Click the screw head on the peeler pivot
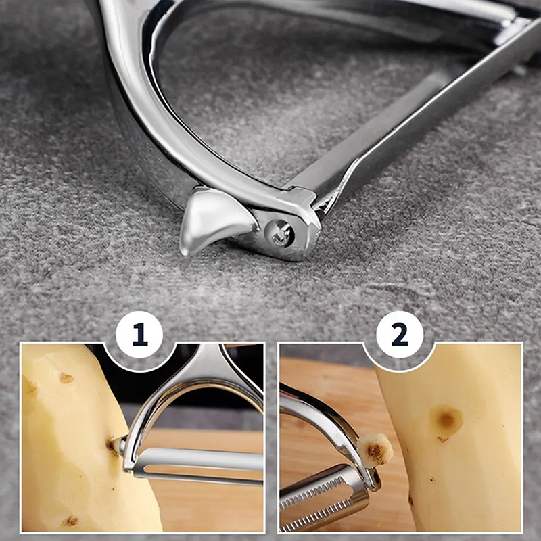(280, 234)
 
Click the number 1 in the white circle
(140, 334)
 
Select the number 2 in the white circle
(400, 334)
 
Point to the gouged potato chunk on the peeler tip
(375, 450)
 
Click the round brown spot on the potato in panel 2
(446, 421)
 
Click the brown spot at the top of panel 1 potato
(66, 378)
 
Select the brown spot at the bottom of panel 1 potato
(70, 521)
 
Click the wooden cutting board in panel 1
(207, 504)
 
